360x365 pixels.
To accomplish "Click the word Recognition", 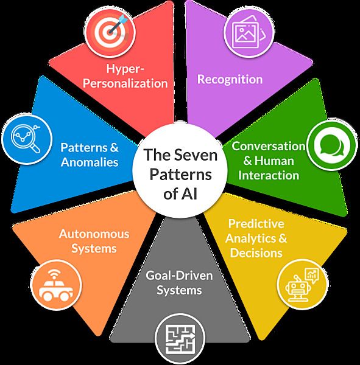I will point(230,79).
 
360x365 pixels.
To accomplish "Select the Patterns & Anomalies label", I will point(90,155).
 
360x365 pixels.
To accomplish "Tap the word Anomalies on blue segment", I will point(90,162).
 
